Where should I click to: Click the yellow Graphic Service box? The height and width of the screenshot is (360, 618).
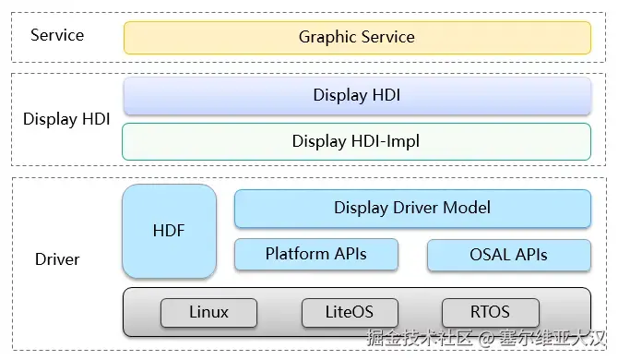click(x=357, y=38)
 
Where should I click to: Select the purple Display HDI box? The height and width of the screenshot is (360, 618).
click(x=357, y=96)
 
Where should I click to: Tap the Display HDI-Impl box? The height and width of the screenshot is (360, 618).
click(x=356, y=141)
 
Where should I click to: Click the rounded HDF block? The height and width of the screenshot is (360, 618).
click(x=169, y=231)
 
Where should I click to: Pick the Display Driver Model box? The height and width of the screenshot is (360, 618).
click(x=412, y=209)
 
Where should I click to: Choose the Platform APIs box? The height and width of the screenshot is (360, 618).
click(x=316, y=255)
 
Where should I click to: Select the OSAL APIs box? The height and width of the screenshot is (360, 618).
click(x=509, y=255)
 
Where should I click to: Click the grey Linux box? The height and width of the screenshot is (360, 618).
click(x=208, y=313)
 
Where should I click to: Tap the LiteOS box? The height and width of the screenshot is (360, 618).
click(x=350, y=313)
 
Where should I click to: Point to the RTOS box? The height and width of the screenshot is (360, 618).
click(x=491, y=313)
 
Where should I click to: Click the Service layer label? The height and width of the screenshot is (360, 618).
click(x=57, y=35)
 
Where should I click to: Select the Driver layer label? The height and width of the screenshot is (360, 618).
click(x=57, y=259)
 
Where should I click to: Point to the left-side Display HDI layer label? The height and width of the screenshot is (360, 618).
click(x=66, y=119)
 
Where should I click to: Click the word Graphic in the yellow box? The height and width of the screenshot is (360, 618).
click(x=328, y=38)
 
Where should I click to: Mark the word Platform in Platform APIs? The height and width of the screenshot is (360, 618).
click(x=298, y=254)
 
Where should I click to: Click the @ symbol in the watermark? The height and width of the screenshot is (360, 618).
click(x=486, y=339)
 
